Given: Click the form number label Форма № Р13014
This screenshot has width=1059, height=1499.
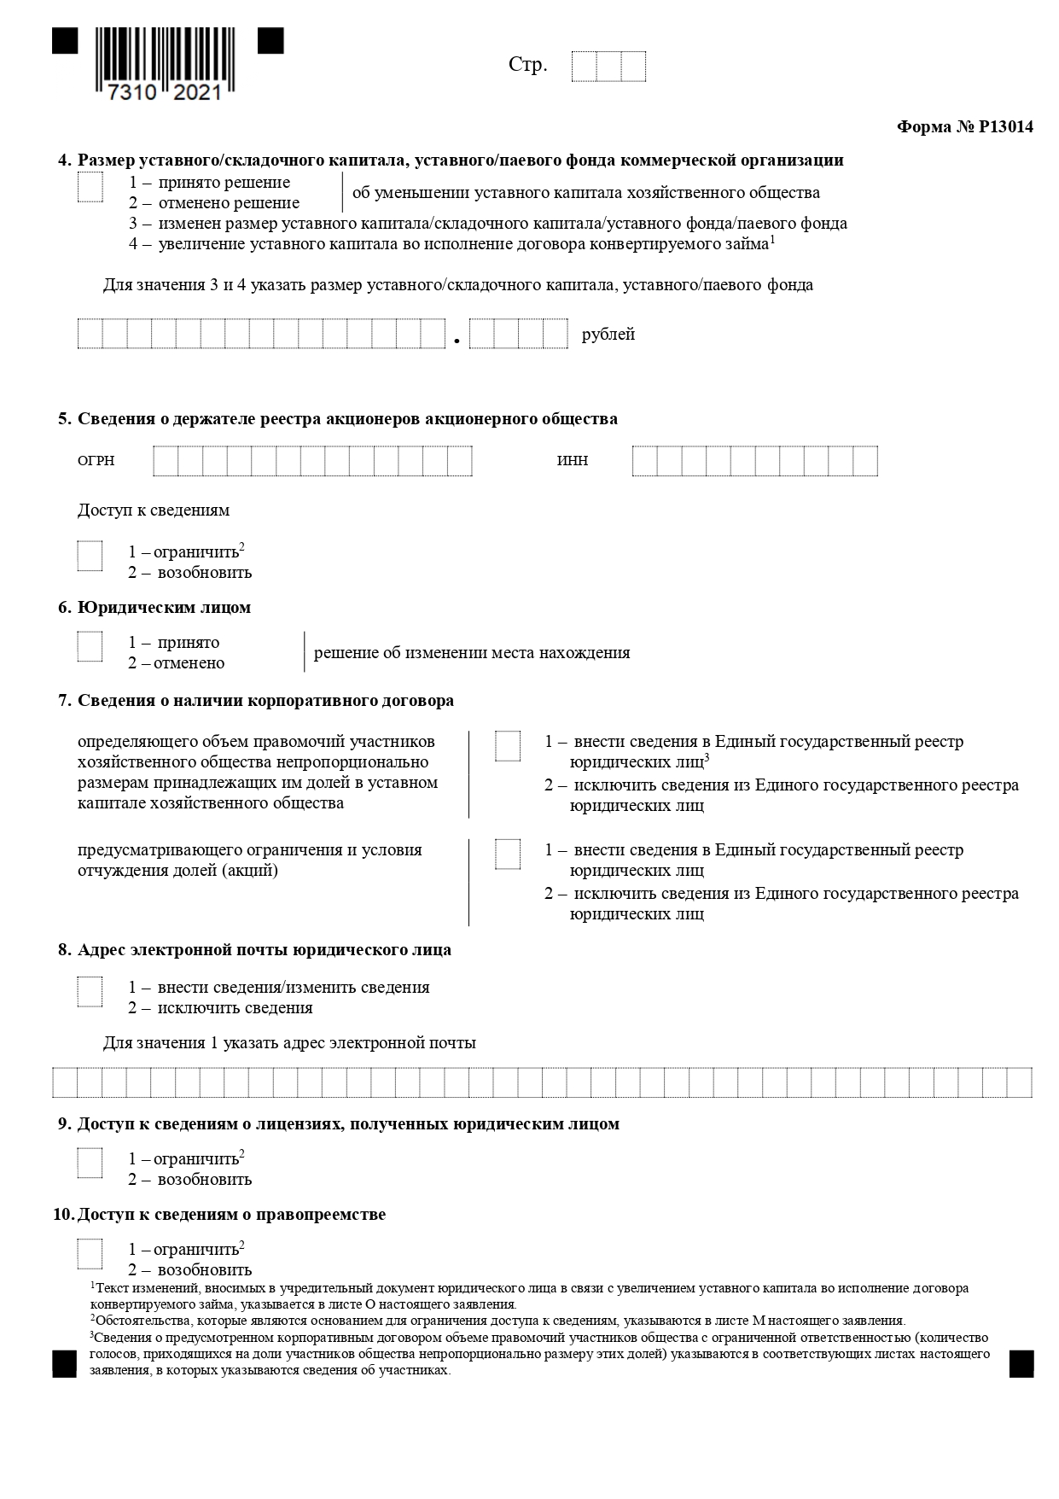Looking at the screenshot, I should coord(964,127).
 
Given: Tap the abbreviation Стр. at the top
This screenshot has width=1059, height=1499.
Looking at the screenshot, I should coord(527,66).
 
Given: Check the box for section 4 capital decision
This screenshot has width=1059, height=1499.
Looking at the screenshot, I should coord(90,188).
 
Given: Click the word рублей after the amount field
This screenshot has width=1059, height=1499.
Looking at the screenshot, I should coord(608,335).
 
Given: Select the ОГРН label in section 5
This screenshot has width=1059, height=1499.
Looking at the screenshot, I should coord(96,461).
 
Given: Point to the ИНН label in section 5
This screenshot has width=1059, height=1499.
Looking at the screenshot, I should coord(573,461).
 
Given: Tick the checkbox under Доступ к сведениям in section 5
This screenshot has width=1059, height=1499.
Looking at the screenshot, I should coord(90,556).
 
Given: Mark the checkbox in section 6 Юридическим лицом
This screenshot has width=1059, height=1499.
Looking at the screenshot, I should coord(90,646).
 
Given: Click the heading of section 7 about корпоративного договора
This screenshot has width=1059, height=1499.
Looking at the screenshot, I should coord(265,701).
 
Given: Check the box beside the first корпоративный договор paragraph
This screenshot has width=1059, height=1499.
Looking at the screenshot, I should coord(508,746).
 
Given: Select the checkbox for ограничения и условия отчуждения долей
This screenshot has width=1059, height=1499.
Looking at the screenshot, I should coord(508,854).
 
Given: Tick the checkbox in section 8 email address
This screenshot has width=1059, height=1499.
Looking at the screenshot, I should coord(90,992).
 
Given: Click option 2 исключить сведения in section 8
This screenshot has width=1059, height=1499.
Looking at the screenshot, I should coord(220,1008).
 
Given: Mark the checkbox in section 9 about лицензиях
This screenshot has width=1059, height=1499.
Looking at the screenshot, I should coord(90,1164).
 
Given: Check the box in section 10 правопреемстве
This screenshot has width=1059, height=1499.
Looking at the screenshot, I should coord(90,1254).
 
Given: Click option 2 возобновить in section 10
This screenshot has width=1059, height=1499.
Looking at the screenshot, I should coord(190,1270).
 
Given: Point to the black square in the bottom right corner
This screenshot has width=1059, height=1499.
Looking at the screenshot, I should coord(1021,1363).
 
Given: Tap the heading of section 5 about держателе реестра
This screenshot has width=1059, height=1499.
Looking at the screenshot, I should coord(347,419).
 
